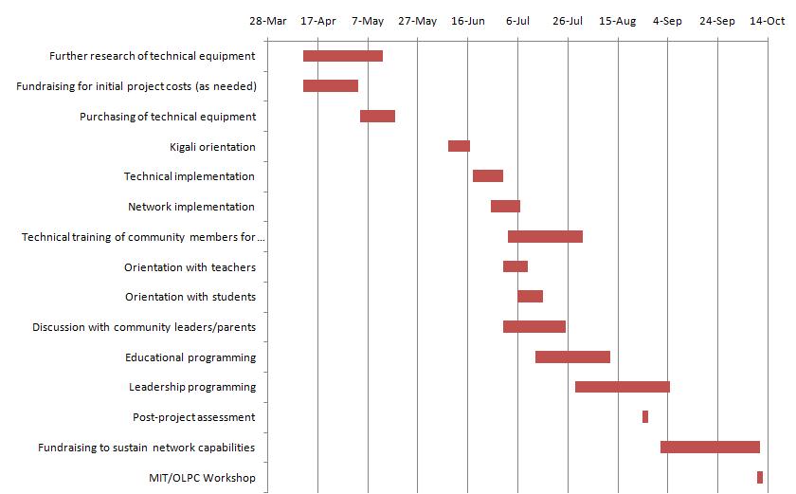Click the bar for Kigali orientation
(459, 146)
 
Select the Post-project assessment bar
(645, 416)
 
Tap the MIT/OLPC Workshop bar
(760, 477)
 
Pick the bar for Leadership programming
(623, 387)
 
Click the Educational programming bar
(572, 357)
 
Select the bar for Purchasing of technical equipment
(377, 116)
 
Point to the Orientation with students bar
(530, 296)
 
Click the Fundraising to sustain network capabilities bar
(710, 447)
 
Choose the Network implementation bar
(505, 206)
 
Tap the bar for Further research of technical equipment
(343, 56)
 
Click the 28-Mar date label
(267, 21)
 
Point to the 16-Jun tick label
(468, 21)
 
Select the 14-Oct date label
(768, 21)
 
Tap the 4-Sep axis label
(667, 21)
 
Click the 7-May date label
(368, 21)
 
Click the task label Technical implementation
(190, 176)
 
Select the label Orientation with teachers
(190, 267)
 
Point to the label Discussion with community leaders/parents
(144, 327)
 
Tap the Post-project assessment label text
(194, 417)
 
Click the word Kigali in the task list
(186, 147)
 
